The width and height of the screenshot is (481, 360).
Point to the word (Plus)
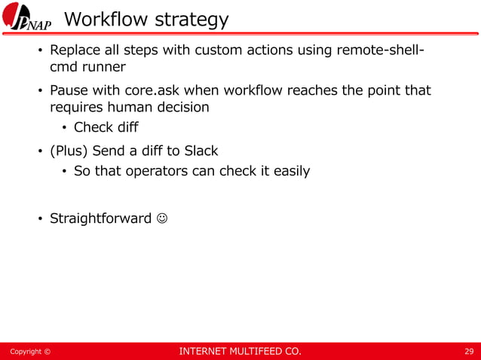pyautogui.click(x=69, y=151)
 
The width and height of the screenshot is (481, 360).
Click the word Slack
pyautogui.click(x=199, y=151)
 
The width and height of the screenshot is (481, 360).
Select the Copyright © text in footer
pyautogui.click(x=30, y=351)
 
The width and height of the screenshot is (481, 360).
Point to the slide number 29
pyautogui.click(x=469, y=351)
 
